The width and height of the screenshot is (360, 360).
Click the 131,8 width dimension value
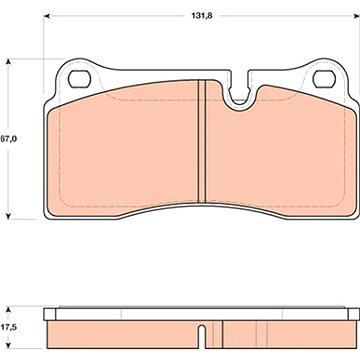click(x=203, y=16)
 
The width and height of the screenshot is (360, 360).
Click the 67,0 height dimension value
click(x=9, y=139)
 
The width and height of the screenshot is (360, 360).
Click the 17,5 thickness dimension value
click(x=9, y=327)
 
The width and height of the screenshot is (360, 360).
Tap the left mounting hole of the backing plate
click(x=79, y=79)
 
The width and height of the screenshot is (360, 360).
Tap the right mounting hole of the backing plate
click(x=324, y=79)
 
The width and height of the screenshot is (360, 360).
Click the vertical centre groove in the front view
click(x=202, y=141)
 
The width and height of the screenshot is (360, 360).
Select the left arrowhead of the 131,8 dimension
click(x=47, y=16)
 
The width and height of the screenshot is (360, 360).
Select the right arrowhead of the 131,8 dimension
click(x=356, y=16)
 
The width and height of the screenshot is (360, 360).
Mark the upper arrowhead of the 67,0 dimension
click(x=9, y=62)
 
